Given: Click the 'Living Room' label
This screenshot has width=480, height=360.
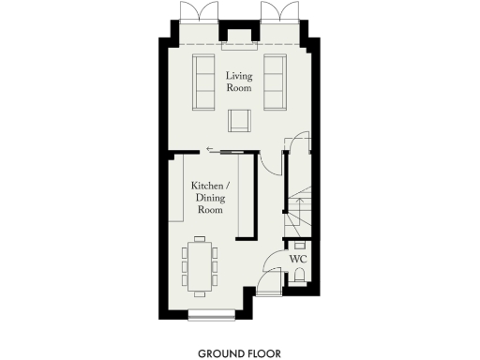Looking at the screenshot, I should [x=238, y=82].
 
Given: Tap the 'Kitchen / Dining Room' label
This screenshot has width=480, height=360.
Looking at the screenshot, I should [x=209, y=199].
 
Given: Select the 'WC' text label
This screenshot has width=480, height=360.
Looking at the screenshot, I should [x=298, y=258].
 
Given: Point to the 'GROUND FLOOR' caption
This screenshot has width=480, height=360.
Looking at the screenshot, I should [x=239, y=353].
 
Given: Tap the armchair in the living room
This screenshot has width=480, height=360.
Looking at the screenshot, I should [x=239, y=121].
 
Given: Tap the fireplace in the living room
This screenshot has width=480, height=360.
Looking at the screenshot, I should [x=239, y=40].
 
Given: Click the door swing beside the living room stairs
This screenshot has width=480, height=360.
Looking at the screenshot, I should [x=296, y=143].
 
